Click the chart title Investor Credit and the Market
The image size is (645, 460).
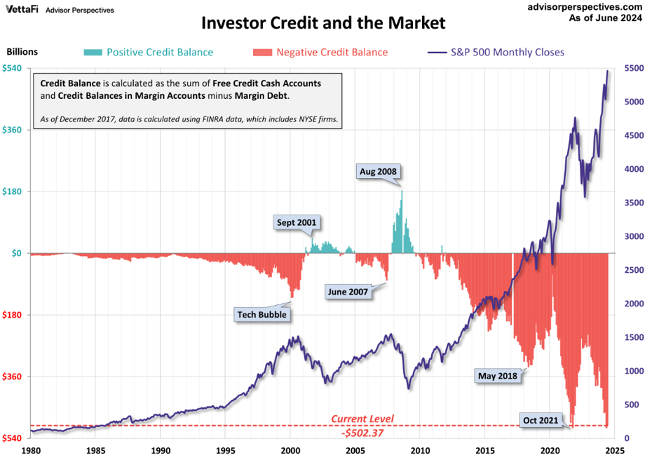pos(323,23)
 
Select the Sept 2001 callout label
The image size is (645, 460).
pos(297,223)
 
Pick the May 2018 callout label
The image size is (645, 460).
pos(497,376)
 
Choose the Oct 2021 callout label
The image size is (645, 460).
pos(541,420)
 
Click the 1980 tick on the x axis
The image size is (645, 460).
pos(32,450)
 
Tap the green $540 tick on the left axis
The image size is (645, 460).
pos(13,68)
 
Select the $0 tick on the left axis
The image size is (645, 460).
pos(17,253)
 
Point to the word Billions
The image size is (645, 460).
pos(22,52)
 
